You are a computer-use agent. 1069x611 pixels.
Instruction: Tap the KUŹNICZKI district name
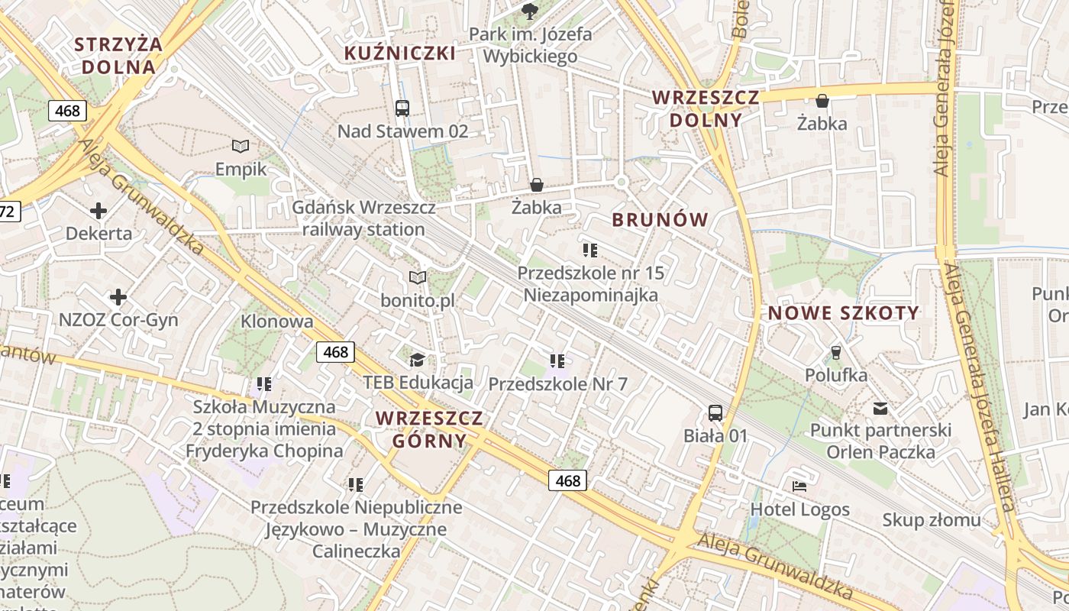[400, 53]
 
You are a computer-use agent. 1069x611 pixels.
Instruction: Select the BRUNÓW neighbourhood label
[660, 220]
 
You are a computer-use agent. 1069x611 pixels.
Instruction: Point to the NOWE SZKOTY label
[844, 312]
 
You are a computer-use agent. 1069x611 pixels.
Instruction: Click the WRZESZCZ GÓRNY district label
[429, 429]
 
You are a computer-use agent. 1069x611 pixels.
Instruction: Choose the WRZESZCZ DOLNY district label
[706, 108]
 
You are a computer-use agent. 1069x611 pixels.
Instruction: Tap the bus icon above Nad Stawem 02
[402, 108]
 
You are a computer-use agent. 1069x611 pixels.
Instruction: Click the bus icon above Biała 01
[715, 413]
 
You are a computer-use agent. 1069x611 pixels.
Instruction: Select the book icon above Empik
[241, 146]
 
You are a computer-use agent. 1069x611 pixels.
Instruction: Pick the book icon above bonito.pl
[417, 277]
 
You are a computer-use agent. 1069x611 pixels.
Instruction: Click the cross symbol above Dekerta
[99, 210]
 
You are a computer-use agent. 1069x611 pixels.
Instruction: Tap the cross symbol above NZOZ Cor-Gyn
[118, 296]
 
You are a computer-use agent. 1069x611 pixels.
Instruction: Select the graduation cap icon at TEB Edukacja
[417, 360]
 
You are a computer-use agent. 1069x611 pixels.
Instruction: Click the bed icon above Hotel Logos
[799, 486]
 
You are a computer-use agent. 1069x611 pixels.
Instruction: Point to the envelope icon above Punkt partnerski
[880, 408]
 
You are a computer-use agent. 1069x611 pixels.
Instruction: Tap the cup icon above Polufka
[836, 352]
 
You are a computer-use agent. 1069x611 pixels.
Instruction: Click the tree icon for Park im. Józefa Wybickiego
[529, 11]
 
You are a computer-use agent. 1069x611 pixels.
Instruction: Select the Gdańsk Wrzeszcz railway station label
[363, 218]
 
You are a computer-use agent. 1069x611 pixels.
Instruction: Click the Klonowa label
[276, 322]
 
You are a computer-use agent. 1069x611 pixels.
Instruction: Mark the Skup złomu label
[931, 520]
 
